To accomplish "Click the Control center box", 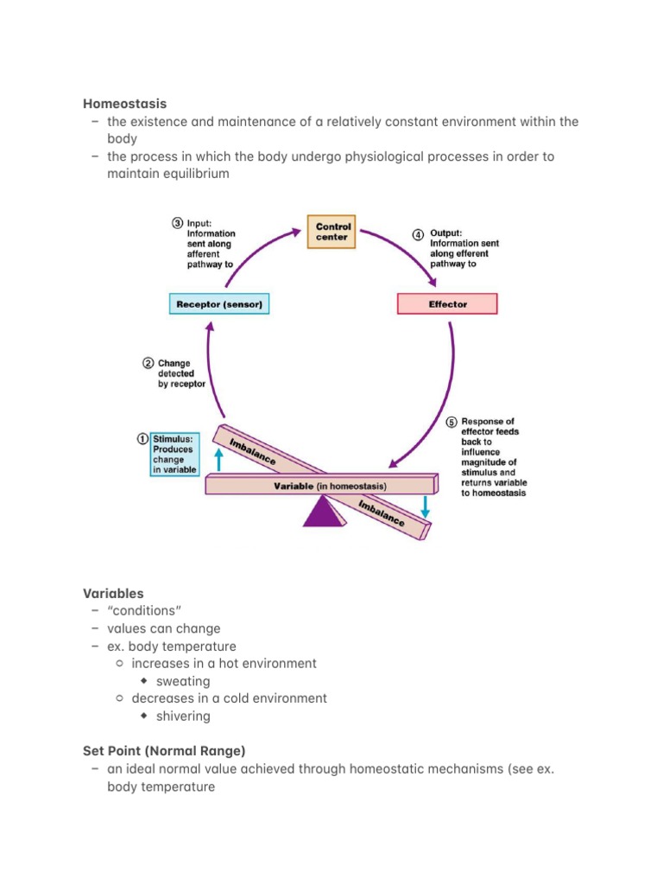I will point(331,232).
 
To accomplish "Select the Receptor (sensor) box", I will point(219,304).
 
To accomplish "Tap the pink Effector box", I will point(447,304).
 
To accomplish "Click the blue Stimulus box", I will point(174,454).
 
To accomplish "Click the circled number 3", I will point(177,222).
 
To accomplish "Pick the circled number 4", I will point(418,233).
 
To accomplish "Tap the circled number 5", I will point(451,422).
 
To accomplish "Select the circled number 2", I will point(148,363).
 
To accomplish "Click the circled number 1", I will point(142,439).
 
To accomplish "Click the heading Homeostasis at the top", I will point(125,104).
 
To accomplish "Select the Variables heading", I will point(113,593).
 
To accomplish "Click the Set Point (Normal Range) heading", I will point(164,751).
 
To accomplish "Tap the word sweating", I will point(183,681).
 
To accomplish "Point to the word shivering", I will point(183,716).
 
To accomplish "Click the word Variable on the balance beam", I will point(294,487).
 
